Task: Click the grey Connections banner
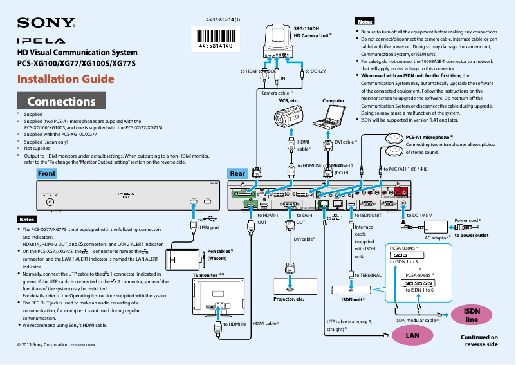coord(61,101)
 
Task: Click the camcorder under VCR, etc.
coord(288,118)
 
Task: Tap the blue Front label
coord(46,174)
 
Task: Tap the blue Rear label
coord(237,174)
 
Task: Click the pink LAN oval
coord(410,335)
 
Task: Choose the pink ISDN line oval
coord(472,315)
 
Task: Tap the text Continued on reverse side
coord(479,341)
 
